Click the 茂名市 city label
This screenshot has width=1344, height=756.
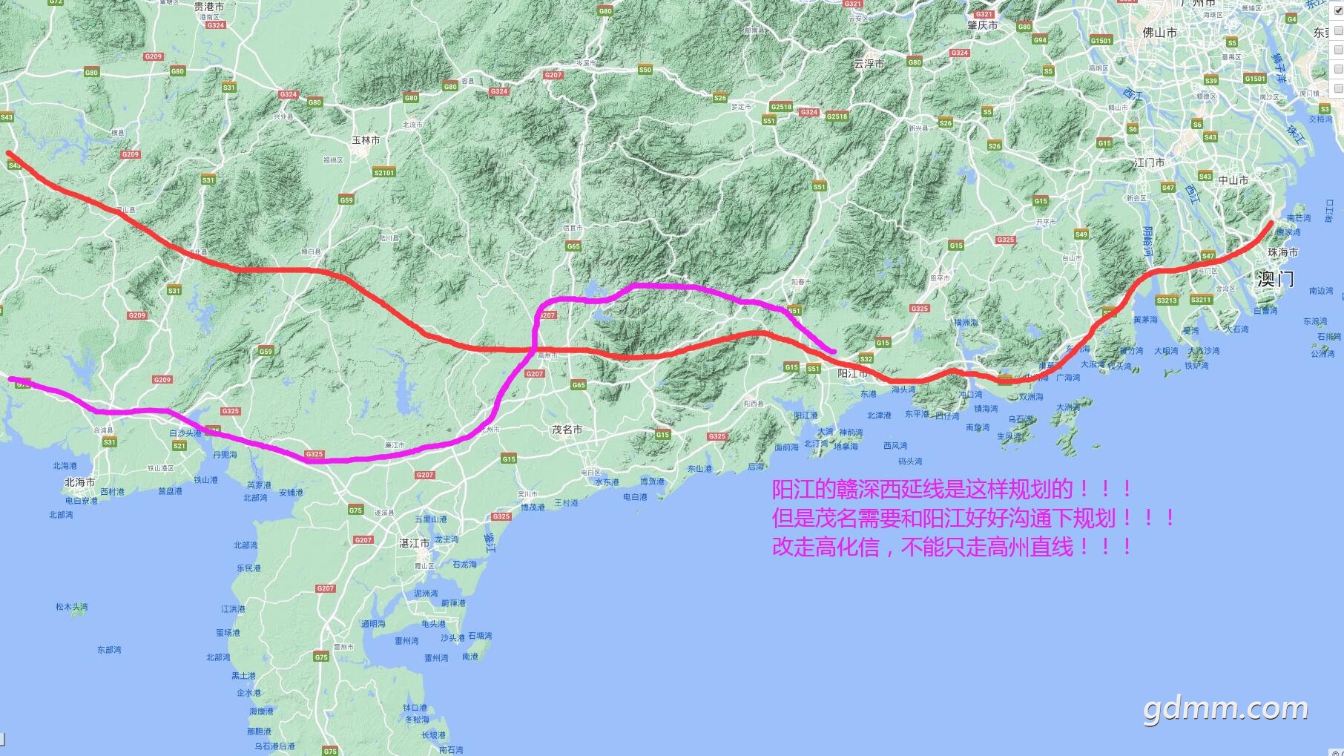567,430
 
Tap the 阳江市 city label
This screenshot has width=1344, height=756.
852,373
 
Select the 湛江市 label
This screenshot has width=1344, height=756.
414,543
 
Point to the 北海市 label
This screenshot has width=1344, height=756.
79,482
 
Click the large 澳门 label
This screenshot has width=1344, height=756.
1275,279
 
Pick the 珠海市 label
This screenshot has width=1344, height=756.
1282,252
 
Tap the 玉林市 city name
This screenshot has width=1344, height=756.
366,140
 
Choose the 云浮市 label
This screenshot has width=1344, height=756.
869,65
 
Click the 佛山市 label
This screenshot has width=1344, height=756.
1159,33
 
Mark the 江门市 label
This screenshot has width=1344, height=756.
1149,162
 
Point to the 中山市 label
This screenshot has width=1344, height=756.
1233,180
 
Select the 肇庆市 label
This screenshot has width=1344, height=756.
982,25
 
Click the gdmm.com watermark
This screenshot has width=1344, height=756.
1225,709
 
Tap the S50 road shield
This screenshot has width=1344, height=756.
645,70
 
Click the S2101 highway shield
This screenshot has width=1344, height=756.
384,172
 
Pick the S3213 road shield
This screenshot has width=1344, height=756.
1167,300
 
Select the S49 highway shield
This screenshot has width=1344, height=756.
1081,234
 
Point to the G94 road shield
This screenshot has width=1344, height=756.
1040,40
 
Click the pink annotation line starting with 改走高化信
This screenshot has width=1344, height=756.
952,548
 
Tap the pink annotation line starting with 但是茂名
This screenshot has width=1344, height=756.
973,518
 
